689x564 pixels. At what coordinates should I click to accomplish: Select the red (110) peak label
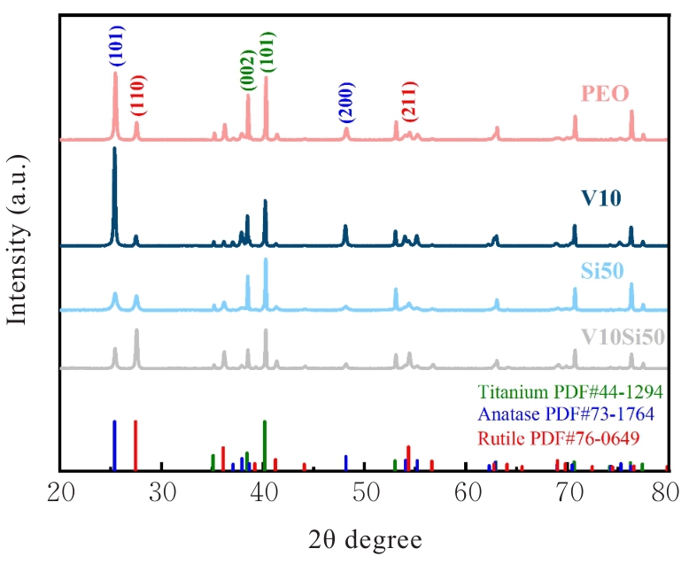[x=137, y=97]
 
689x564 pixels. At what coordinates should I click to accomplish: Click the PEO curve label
[x=605, y=94]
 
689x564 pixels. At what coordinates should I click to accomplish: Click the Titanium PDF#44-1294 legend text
[x=569, y=390]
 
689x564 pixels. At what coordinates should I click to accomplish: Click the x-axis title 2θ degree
[x=365, y=537]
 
